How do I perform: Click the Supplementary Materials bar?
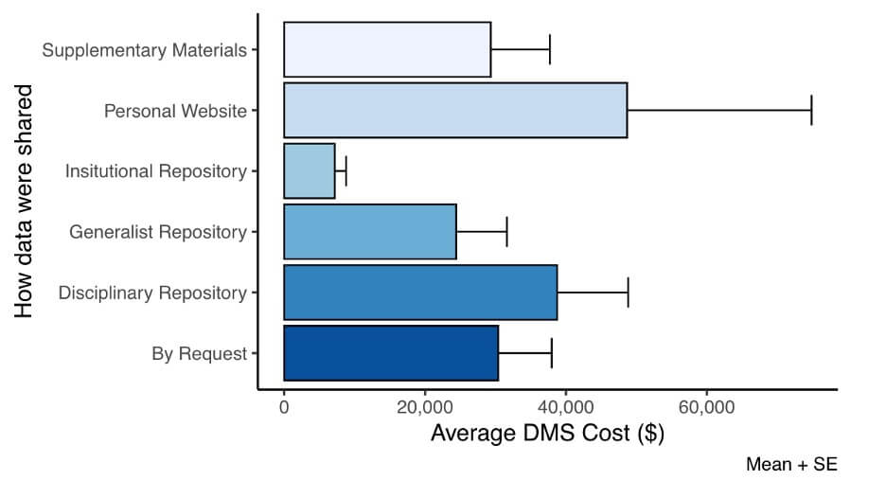(x=387, y=49)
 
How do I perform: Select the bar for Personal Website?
(x=455, y=110)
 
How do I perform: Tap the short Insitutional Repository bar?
(x=310, y=171)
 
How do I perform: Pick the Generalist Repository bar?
(x=370, y=232)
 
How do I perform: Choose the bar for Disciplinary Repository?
(x=420, y=293)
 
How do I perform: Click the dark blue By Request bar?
(x=391, y=353)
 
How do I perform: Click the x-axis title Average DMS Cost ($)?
(x=547, y=435)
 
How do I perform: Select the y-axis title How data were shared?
(x=24, y=201)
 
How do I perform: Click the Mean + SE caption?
(x=791, y=465)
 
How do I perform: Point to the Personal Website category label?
(x=175, y=111)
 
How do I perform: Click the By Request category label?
(x=199, y=354)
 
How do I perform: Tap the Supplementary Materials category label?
(x=144, y=50)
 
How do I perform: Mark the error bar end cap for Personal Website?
(x=811, y=110)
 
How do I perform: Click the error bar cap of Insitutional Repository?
(x=346, y=171)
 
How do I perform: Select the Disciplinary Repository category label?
(x=152, y=293)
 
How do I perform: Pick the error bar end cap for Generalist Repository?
(x=506, y=232)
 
